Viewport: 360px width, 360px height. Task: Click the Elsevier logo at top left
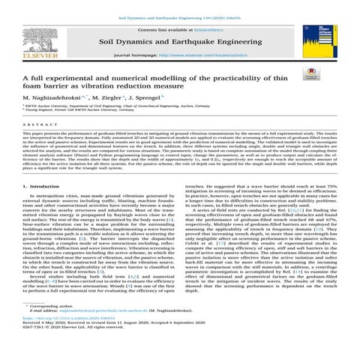pyautogui.click(x=28, y=39)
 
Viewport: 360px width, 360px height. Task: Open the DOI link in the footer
pyautogui.click(x=61, y=338)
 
